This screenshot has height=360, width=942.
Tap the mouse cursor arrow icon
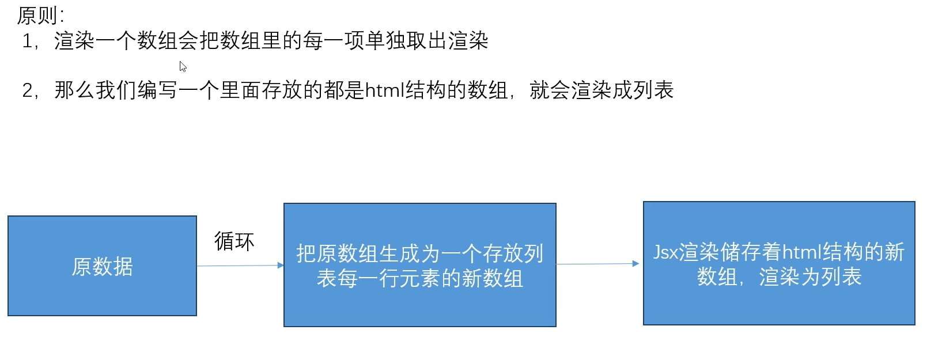(183, 67)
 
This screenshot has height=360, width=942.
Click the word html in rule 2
(385, 90)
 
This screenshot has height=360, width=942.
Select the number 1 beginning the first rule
(27, 41)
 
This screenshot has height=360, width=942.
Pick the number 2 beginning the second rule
(27, 90)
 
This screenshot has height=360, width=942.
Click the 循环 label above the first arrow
(234, 241)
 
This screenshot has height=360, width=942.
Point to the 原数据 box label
(102, 266)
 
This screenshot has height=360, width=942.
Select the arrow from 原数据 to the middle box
(240, 266)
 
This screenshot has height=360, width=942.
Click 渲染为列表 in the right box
(810, 277)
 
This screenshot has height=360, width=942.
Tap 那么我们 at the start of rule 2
(95, 90)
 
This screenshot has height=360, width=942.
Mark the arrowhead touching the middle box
(281, 265)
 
